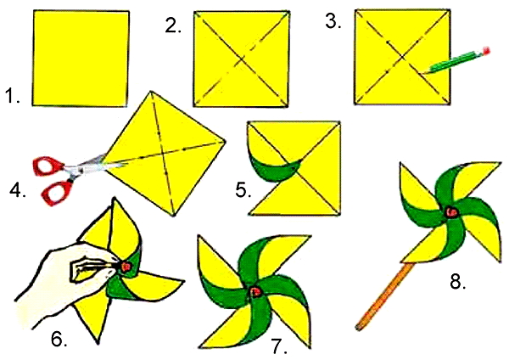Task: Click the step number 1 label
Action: (x=13, y=96)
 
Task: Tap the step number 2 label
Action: (x=173, y=25)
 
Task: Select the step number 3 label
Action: (x=333, y=21)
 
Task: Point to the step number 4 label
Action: (x=18, y=190)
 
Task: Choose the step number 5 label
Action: (x=243, y=190)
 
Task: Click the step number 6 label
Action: (x=59, y=340)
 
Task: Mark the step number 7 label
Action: (x=279, y=346)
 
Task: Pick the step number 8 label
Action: (x=458, y=281)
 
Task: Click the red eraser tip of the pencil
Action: (x=486, y=51)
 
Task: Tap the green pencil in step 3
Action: (x=456, y=61)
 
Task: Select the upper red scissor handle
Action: (x=48, y=166)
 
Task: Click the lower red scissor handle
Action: (x=57, y=193)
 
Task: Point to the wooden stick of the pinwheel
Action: (x=384, y=297)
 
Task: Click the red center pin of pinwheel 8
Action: (x=451, y=212)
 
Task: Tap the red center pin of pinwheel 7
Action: (x=255, y=292)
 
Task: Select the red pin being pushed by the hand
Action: (x=126, y=267)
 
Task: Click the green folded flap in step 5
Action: (x=275, y=167)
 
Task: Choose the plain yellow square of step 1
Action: (x=81, y=59)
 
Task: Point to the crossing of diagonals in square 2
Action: (x=241, y=59)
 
